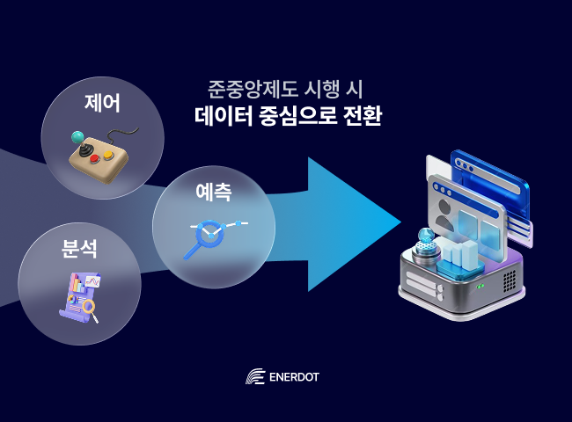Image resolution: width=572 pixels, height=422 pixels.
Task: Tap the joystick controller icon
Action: [98, 153]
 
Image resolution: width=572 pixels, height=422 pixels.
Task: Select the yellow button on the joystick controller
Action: [108, 156]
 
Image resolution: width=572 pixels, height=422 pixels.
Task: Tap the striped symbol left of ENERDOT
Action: [254, 377]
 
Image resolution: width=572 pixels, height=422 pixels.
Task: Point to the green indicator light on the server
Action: [480, 287]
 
